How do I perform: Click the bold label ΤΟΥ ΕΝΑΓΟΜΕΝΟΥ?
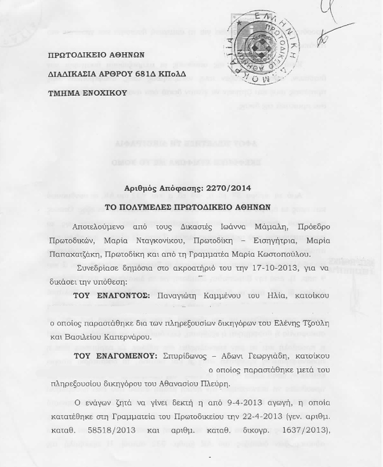(x=115, y=355)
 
